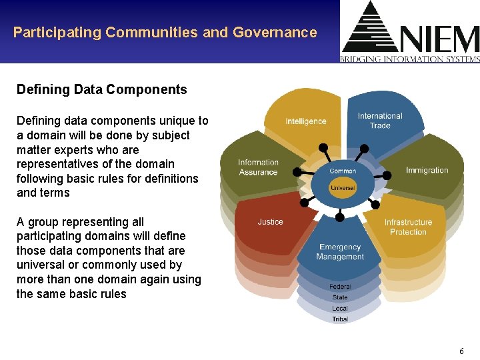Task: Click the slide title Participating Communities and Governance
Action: [x=165, y=32]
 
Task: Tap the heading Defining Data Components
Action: [x=101, y=89]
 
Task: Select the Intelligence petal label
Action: [x=306, y=121]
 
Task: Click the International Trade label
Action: [x=380, y=121]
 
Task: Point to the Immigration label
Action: [x=427, y=170]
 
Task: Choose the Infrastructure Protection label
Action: [x=408, y=227]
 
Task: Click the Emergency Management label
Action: [x=340, y=252]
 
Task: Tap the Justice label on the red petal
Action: [x=270, y=222]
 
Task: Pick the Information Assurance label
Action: [x=258, y=167]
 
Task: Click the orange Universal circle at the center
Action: [x=343, y=188]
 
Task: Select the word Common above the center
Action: [x=343, y=171]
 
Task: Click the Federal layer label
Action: [x=340, y=287]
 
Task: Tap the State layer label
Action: [x=340, y=297]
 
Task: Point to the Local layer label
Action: [x=340, y=308]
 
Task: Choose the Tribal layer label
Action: [x=340, y=319]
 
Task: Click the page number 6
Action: [x=461, y=351]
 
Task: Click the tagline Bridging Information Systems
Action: [x=409, y=59]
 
